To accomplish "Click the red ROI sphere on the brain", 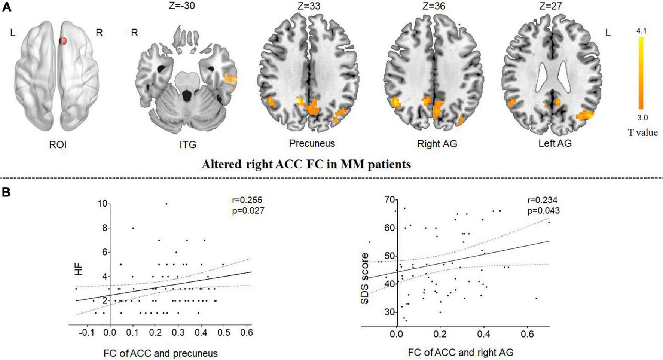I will (x=64, y=41).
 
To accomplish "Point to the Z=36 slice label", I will (x=433, y=6).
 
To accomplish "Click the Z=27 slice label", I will (x=551, y=6).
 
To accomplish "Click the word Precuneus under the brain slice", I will (x=312, y=143).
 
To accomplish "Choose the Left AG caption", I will (x=555, y=143).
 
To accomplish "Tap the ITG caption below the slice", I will (x=188, y=144).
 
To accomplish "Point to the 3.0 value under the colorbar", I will (x=642, y=118).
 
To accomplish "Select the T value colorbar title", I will (x=643, y=132).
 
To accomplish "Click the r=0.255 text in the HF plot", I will (x=247, y=200).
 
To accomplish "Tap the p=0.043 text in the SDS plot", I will (x=543, y=211).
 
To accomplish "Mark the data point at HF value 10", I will (x=166, y=204).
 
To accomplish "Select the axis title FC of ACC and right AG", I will (x=461, y=352).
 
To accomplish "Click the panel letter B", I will (x=6, y=192).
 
